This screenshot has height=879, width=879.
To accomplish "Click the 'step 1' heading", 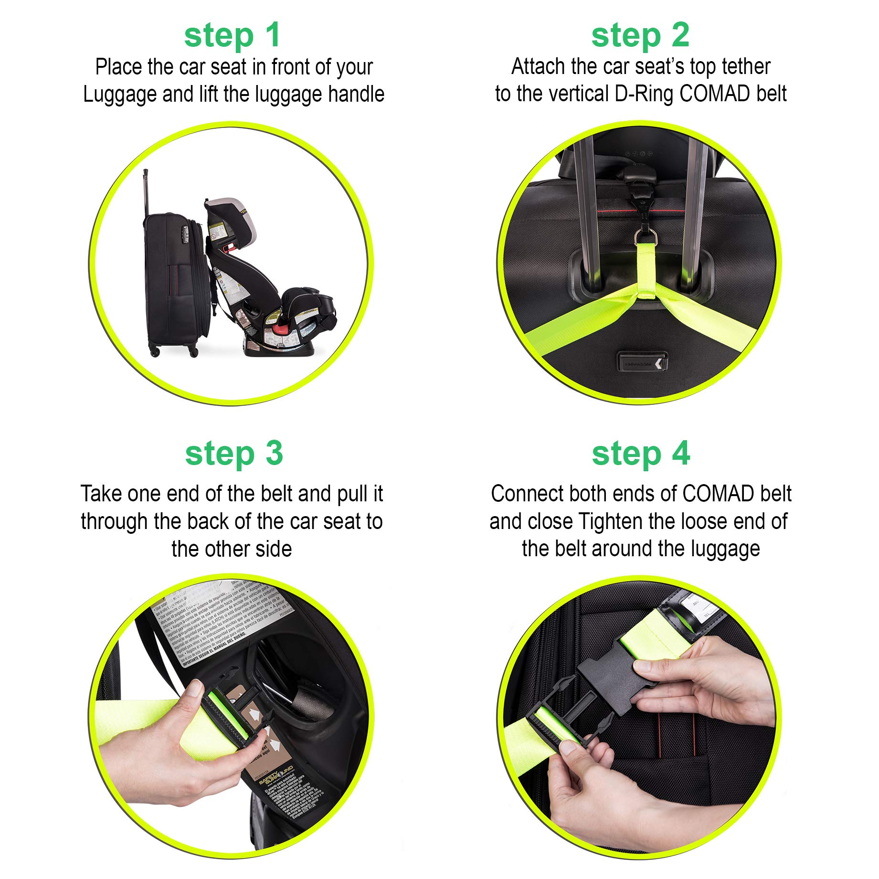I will click(232, 36).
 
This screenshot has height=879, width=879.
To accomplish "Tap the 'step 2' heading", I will click(640, 36).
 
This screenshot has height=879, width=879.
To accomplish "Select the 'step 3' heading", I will click(234, 454).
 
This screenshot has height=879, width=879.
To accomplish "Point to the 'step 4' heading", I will click(641, 454).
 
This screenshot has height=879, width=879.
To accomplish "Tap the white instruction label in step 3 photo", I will click(220, 621).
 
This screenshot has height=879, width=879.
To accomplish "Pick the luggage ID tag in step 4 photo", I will click(699, 609).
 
